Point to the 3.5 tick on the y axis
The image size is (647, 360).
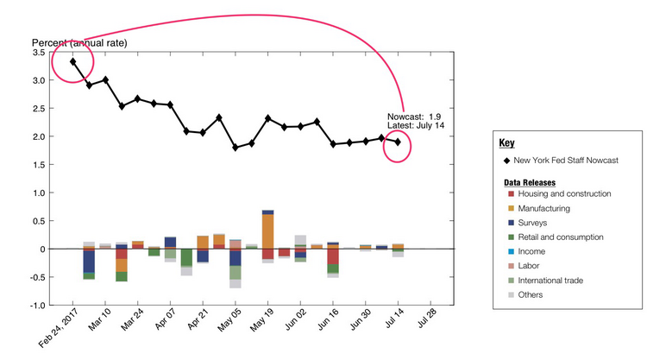pos(40,53)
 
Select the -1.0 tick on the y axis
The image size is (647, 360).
pos(39,306)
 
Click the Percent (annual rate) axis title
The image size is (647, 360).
pos(80,42)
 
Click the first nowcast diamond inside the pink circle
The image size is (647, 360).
pos(73,61)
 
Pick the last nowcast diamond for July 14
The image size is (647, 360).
pos(398,142)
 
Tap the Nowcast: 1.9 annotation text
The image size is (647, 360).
pos(414,116)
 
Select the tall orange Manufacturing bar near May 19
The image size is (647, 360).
pos(267,231)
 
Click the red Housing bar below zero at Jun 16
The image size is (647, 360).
pos(333,256)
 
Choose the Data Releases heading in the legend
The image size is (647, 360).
pos(531,183)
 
